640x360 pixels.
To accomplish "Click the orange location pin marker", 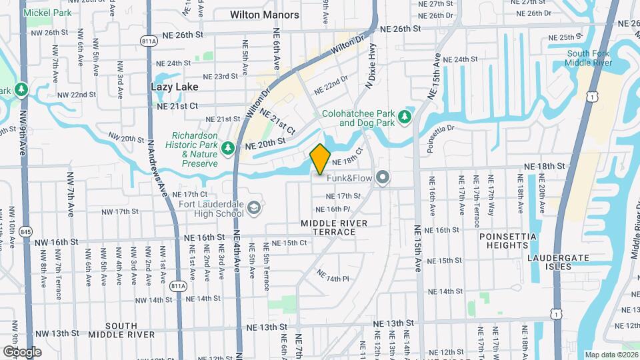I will coord(320,159).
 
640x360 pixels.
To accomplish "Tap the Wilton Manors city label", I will coord(263,13).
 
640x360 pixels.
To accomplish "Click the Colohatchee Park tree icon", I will coord(404,117).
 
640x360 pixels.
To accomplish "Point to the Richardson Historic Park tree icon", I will coord(228,147).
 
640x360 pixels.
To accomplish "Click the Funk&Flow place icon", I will coord(382,177).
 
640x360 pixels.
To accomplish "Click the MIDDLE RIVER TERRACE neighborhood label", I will coord(328,227).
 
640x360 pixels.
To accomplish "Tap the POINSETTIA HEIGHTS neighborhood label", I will coord(503,241).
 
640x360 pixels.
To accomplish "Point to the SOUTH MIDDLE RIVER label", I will coord(121,330).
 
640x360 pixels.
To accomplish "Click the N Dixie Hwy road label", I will coord(368,67).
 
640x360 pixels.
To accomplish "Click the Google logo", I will coord(22,351).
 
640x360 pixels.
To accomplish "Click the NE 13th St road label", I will coord(264,327).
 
